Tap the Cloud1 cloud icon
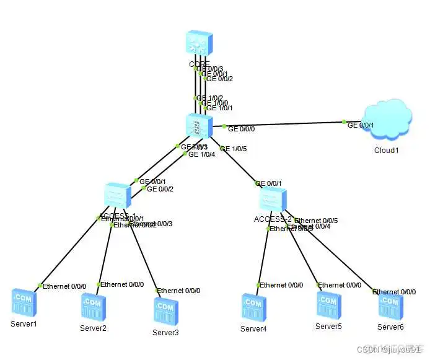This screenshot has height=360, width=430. tap(386, 121)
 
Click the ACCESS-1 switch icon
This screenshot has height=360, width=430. tap(118, 197)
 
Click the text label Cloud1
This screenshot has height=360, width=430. tap(386, 150)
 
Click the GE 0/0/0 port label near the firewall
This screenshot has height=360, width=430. tap(241, 130)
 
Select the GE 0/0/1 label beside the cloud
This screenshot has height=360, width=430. tap(361, 125)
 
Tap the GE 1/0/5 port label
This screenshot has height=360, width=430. tap(234, 149)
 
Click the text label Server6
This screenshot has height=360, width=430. tap(390, 327)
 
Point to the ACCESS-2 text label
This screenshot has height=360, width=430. tap(273, 219)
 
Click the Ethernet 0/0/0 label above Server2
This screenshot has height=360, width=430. tap(122, 284)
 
